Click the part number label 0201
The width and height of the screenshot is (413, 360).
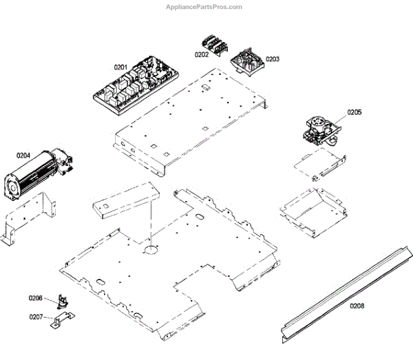tap(120, 67)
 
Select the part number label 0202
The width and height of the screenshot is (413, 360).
tap(201, 54)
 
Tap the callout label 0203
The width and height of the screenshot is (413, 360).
tap(273, 59)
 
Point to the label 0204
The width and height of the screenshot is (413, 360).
tap(23, 156)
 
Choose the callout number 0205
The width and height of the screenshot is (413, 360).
tap(354, 112)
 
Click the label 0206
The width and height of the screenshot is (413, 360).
tap(35, 298)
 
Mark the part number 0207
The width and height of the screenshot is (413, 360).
tap(35, 317)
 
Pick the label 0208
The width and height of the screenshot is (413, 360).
tap(357, 305)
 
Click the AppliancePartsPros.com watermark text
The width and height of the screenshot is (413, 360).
tap(204, 7)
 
